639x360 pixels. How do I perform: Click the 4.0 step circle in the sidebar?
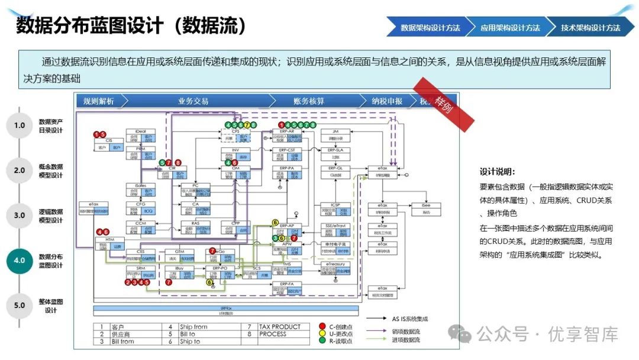[x=20, y=261]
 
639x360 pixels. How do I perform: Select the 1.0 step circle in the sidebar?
[x=20, y=125]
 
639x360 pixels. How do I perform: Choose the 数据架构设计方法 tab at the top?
[x=430, y=27]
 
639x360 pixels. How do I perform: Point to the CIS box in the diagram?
[x=109, y=140]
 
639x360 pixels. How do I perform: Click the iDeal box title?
[x=141, y=131]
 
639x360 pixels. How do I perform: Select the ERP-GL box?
[x=335, y=168]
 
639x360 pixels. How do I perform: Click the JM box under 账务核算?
[x=335, y=131]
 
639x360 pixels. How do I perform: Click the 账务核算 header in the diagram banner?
[x=308, y=101]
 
